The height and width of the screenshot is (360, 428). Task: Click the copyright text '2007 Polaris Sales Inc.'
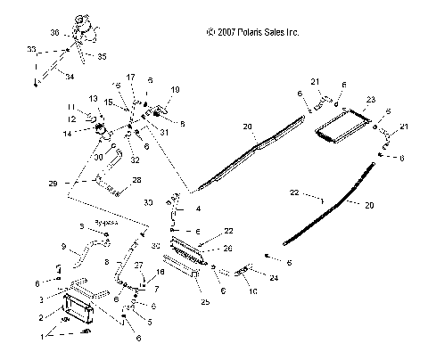tap(252, 32)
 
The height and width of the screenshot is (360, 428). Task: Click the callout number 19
tap(175, 90)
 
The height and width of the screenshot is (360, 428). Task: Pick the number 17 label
tap(131, 78)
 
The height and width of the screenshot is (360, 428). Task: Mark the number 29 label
tap(54, 183)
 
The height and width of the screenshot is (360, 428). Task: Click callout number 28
tap(136, 180)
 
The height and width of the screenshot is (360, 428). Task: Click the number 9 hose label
tap(62, 246)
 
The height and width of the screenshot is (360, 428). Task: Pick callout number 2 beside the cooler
tap(40, 316)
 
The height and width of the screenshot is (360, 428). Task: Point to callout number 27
tap(137, 266)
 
